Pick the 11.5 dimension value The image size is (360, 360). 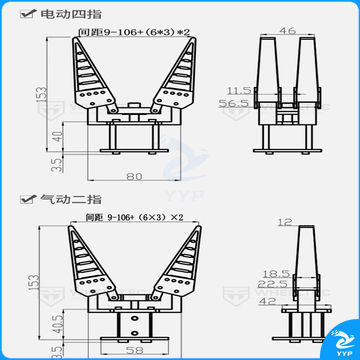click(237, 89)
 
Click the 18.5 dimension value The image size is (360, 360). click(267, 272)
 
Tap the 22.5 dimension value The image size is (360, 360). click(267, 283)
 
